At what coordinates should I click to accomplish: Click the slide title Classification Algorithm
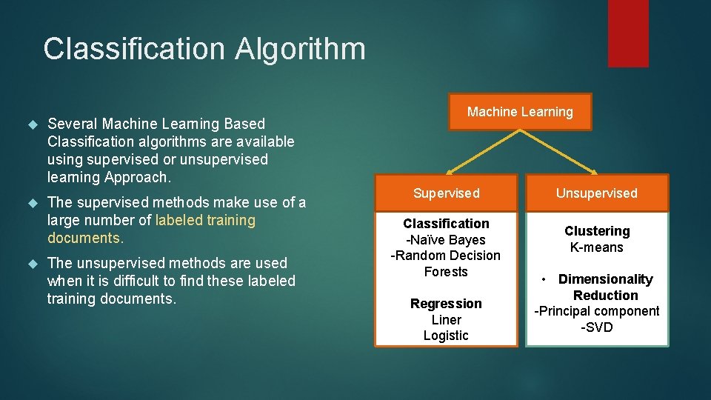point(204,49)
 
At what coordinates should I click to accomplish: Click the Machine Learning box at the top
point(520,112)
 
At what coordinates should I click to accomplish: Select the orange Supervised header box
point(446,193)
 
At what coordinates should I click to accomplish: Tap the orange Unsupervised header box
point(596,193)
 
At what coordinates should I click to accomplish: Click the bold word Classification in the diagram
point(446,224)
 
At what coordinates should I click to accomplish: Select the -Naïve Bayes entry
point(446,240)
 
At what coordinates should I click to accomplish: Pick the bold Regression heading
point(446,304)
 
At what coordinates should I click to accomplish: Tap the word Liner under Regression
point(446,320)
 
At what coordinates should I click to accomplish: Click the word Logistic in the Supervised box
point(446,336)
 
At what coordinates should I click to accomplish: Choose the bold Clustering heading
point(596,231)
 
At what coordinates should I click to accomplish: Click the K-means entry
point(596,247)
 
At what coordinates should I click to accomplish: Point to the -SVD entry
point(596,327)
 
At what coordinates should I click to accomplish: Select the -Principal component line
point(596,311)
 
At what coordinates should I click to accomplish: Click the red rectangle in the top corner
point(628,33)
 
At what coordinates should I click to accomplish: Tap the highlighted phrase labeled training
point(205,220)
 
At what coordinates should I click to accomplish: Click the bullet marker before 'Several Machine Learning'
point(32,124)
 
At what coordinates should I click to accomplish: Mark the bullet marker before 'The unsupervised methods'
point(32,263)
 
